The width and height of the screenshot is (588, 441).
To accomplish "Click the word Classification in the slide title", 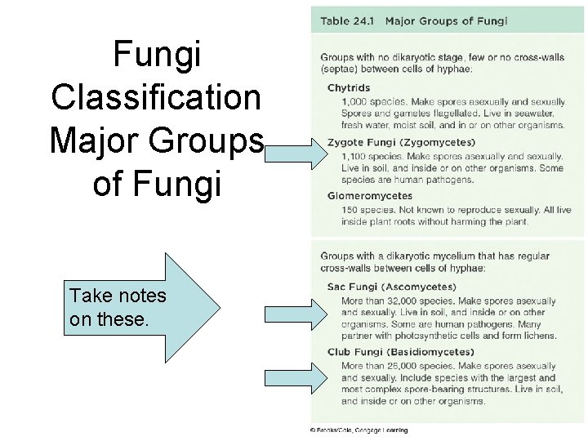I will click(155, 96).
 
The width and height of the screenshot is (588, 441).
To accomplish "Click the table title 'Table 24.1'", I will click(345, 20).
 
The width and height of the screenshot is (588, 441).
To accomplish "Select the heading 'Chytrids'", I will click(349, 87).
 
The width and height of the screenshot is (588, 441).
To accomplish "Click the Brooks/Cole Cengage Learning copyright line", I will click(359, 430).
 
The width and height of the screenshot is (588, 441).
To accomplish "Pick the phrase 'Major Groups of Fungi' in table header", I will click(446, 20).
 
